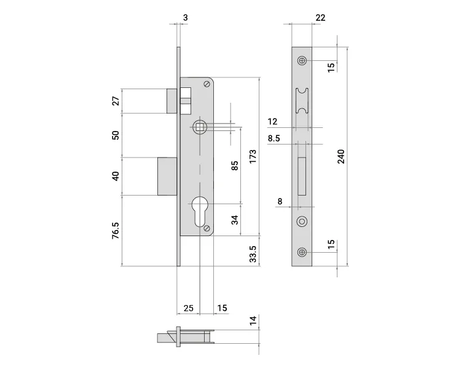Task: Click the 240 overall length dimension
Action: [x=341, y=157]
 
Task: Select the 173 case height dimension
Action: [x=253, y=157]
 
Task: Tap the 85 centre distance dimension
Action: [x=235, y=165]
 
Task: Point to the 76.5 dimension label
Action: [x=116, y=231]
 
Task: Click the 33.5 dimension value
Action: [x=253, y=254]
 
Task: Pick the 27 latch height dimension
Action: [x=116, y=101]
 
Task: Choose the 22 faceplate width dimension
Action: [x=320, y=18]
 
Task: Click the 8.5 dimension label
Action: [x=274, y=138]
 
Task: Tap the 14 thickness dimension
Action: [x=253, y=320]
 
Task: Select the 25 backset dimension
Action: [x=189, y=308]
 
